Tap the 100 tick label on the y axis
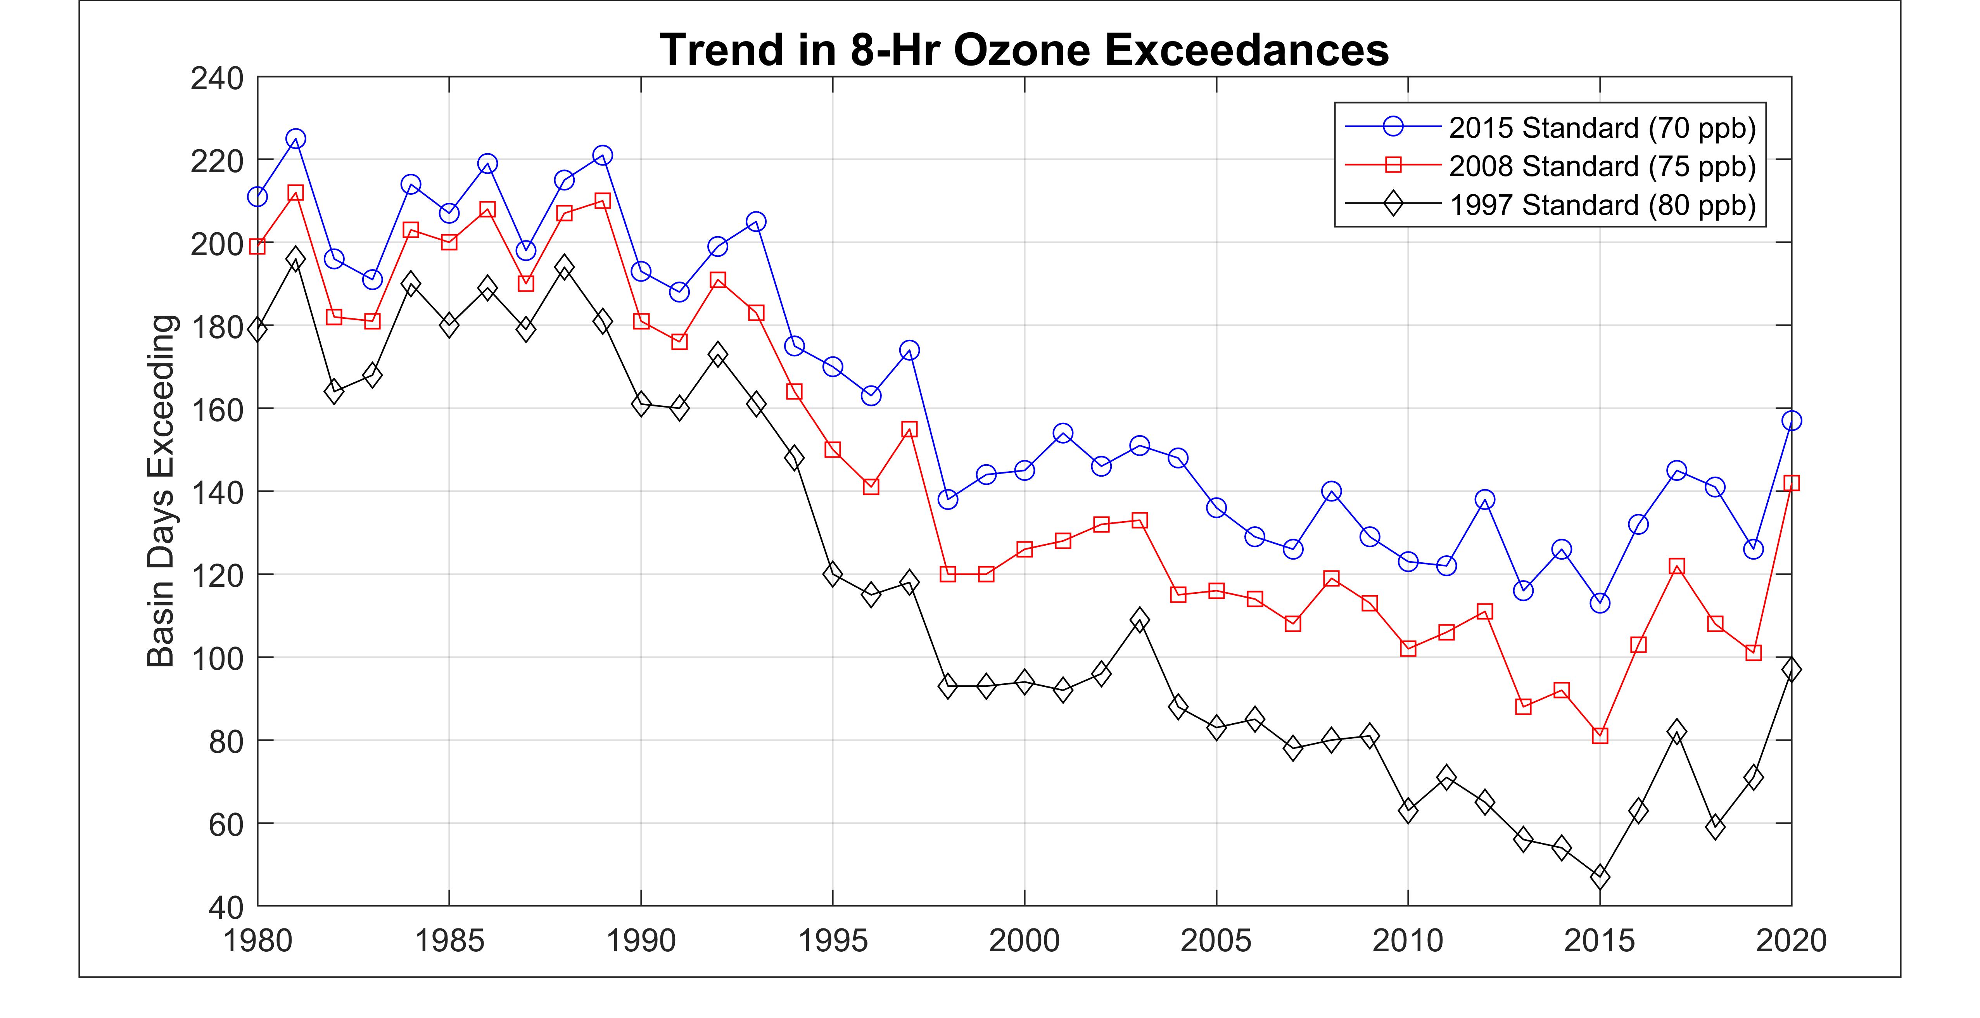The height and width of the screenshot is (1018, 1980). (217, 658)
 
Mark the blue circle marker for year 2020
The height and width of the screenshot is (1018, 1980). (1792, 420)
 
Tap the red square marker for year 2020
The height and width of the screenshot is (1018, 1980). (1792, 483)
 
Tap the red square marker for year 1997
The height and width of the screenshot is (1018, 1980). (909, 429)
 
